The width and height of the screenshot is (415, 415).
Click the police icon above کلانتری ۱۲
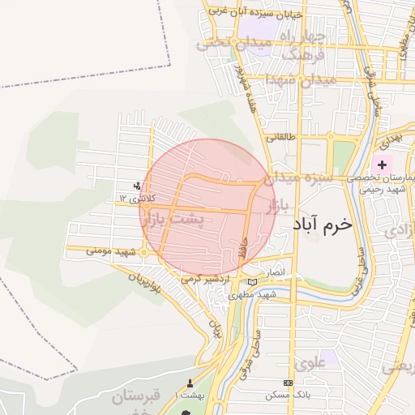(136, 187)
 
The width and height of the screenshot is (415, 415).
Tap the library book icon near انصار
(252, 281)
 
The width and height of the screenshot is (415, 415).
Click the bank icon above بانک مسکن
(287, 383)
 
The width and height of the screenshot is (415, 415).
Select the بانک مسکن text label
(285, 395)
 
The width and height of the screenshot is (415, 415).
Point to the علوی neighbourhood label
(312, 362)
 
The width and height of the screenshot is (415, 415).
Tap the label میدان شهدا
(312, 81)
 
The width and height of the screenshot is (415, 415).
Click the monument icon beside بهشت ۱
(190, 383)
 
